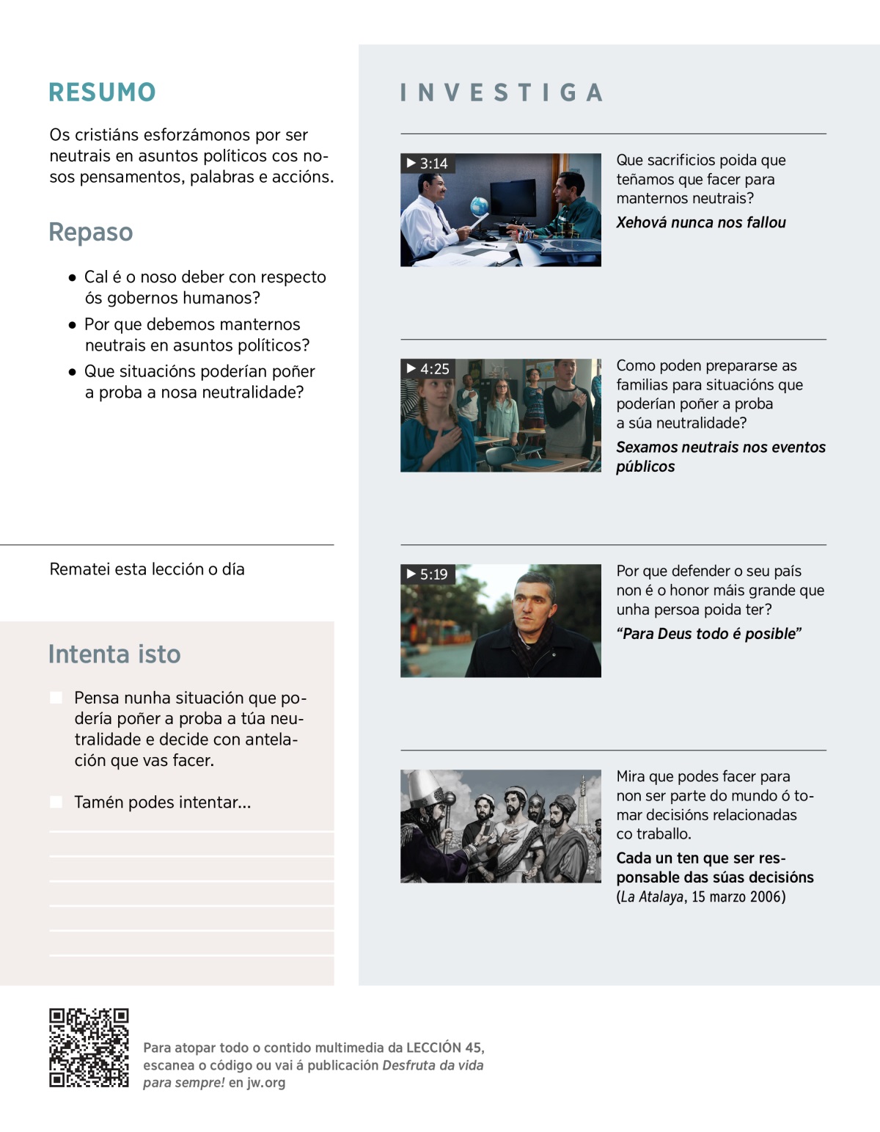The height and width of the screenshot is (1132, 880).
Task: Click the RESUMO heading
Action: tap(102, 92)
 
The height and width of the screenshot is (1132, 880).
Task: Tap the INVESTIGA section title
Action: tap(502, 92)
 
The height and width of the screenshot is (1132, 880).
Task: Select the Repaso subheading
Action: tap(91, 232)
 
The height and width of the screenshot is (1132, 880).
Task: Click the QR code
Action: tap(89, 1048)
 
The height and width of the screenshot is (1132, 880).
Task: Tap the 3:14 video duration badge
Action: tap(428, 163)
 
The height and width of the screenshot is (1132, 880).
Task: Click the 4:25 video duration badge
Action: tap(428, 368)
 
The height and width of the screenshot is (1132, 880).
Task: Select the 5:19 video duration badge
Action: tap(428, 574)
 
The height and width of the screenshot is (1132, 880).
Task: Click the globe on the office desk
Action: tap(479, 205)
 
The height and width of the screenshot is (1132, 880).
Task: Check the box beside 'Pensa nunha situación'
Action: tap(56, 697)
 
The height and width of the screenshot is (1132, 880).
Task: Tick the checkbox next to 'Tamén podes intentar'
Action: tap(56, 802)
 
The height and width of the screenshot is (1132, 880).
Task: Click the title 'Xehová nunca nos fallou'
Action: tap(700, 222)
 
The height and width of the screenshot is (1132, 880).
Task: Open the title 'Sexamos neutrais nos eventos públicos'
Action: tap(720, 456)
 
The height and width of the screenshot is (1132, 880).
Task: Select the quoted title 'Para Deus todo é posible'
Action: tap(708, 633)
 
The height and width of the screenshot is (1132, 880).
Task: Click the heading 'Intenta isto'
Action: tap(114, 654)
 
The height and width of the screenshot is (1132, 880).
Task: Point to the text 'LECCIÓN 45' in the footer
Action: tap(444, 1048)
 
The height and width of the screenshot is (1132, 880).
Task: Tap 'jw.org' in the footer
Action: tap(266, 1082)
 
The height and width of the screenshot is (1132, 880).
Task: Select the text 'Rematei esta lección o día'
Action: tap(147, 569)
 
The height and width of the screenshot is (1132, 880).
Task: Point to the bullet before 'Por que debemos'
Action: tap(72, 324)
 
